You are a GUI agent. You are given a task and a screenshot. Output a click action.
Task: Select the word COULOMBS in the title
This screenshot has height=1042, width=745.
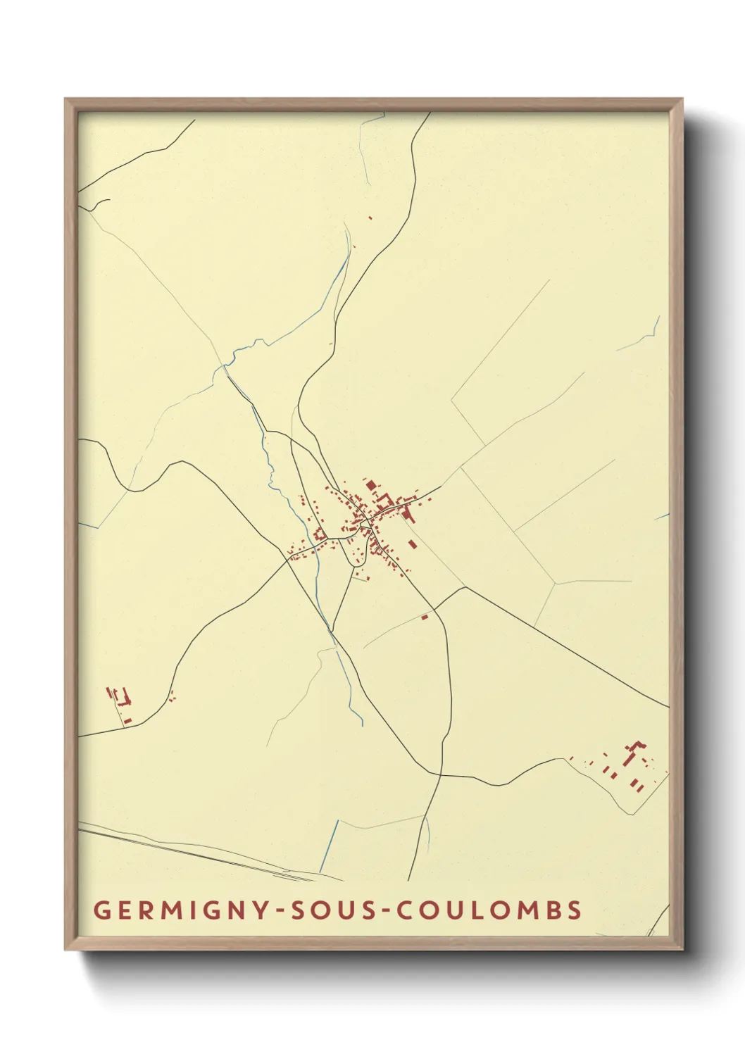coord(489,910)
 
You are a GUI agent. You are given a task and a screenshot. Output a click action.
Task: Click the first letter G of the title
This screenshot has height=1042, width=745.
coord(101,910)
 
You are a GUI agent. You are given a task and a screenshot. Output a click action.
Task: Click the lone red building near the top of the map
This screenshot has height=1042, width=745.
coord(370,218)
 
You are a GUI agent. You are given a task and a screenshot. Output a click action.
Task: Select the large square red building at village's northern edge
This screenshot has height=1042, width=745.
coord(371,485)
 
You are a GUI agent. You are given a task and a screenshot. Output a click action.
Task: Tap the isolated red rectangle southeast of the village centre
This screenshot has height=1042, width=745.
coord(412,544)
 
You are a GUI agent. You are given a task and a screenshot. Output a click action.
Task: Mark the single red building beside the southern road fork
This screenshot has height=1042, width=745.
coord(424,617)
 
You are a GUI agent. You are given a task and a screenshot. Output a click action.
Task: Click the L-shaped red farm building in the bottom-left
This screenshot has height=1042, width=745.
coord(125,699)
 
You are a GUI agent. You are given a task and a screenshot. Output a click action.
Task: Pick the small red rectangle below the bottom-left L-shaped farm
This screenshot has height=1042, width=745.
coord(127,720)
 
